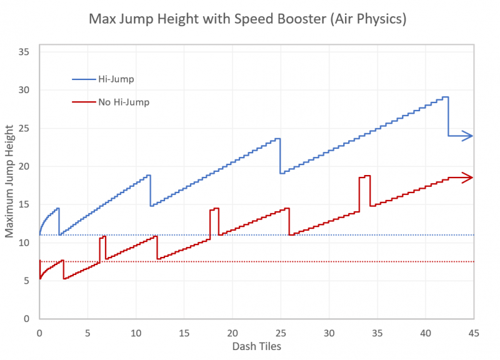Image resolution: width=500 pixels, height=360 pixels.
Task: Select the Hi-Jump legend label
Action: pyautogui.click(x=116, y=79)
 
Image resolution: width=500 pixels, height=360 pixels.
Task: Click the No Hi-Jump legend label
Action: pyautogui.click(x=123, y=101)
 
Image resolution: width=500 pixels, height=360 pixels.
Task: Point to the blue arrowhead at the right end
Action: pyautogui.click(x=468, y=136)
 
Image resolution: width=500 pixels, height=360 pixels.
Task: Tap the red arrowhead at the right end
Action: pyautogui.click(x=468, y=177)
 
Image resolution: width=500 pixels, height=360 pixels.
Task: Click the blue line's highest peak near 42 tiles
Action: pyautogui.click(x=445, y=97)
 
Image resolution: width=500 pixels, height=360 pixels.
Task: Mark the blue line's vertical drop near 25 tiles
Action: pyautogui.click(x=280, y=156)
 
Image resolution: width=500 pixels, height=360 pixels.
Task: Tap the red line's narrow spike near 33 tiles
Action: pyautogui.click(x=364, y=177)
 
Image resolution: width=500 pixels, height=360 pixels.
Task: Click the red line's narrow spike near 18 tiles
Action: pyautogui.click(x=214, y=209)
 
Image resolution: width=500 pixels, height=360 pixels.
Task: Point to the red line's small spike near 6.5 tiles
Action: pyautogui.click(x=102, y=237)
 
